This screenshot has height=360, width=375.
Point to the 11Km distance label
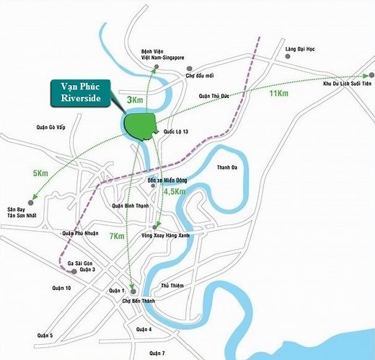[279, 95]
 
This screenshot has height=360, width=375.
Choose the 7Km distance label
[117, 237]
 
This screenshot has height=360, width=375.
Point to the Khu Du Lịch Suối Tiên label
[348, 84]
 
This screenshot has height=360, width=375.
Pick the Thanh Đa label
[228, 167]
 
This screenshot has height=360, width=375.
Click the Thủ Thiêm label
[173, 286]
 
